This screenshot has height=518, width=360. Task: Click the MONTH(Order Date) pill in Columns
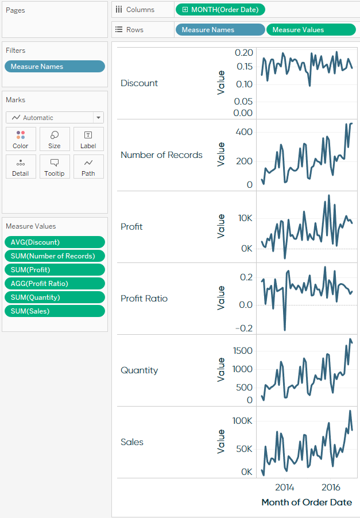tap(220, 10)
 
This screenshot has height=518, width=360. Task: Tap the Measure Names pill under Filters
tap(55, 67)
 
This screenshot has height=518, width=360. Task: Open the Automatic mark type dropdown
tap(55, 118)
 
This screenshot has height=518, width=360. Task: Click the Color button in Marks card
tap(21, 139)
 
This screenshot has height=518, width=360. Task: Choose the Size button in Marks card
tap(55, 139)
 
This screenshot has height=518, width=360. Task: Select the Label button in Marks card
tap(88, 139)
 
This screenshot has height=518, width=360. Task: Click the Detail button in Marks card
tap(21, 167)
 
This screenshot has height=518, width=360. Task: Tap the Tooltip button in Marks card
tap(55, 167)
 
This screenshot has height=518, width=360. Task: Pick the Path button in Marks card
tap(88, 167)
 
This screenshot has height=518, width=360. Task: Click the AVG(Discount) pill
tap(55, 242)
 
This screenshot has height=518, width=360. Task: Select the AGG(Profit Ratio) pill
tap(55, 284)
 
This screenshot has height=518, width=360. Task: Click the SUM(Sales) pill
tap(55, 311)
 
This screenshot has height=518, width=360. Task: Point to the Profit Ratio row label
tap(144, 299)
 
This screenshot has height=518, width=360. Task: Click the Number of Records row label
tap(161, 155)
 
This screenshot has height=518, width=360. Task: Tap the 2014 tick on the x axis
tap(284, 488)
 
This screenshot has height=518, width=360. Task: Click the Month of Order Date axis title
tap(307, 502)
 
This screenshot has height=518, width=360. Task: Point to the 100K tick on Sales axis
tap(242, 421)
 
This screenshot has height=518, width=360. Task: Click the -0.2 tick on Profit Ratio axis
tap(244, 328)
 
